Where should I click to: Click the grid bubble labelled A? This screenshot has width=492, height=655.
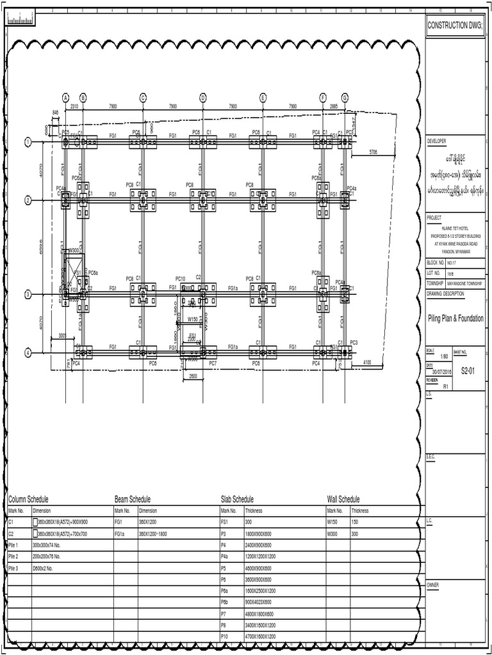tap(65, 97)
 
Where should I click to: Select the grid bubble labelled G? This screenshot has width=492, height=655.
tap(345, 97)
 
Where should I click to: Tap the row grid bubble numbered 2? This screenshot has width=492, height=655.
tap(28, 200)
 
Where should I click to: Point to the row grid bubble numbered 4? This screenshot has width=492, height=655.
tap(28, 352)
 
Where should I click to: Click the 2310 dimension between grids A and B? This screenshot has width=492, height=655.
tap(74, 106)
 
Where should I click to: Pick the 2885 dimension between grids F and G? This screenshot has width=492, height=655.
tap(333, 106)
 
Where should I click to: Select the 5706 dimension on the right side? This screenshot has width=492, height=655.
tap(374, 152)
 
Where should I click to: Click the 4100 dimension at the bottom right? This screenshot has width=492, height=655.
tap(367, 362)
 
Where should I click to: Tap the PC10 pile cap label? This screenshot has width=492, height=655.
tap(181, 279)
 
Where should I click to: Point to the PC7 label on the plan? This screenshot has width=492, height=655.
tap(213, 363)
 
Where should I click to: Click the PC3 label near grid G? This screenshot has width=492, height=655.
tap(354, 343)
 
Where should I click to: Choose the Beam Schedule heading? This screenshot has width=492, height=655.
tap(132, 499)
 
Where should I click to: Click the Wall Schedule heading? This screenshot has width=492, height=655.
tap(343, 499)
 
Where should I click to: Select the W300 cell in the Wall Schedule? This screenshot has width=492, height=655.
tap(332, 533)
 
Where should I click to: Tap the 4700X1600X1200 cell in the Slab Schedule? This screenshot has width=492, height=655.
tap(260, 636)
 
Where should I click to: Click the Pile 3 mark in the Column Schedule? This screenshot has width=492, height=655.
tap(13, 567)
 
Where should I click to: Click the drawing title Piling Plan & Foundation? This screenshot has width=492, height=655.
tap(455, 319)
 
